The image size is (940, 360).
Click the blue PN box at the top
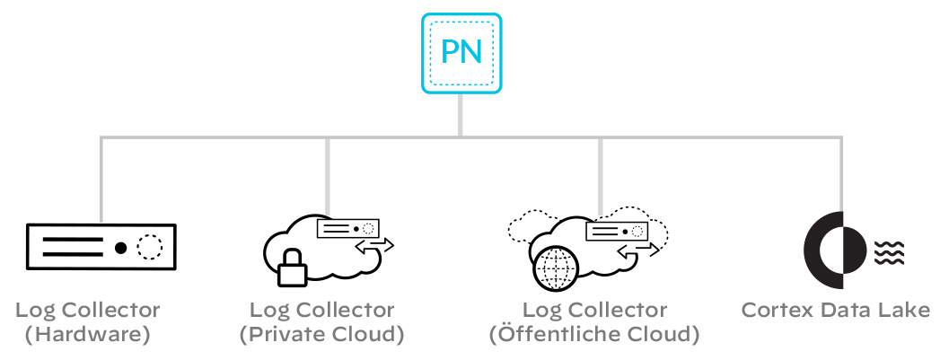[461, 52]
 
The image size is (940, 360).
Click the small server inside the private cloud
[347, 229]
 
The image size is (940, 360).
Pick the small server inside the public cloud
[617, 231]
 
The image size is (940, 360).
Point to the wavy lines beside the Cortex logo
[890, 252]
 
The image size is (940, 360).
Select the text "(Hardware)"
[87, 336]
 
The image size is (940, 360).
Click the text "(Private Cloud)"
[321, 336]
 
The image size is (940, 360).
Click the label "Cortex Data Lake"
[835, 311]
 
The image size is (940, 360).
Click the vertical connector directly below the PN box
[461, 115]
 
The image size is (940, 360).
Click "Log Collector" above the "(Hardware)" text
[87, 311]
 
